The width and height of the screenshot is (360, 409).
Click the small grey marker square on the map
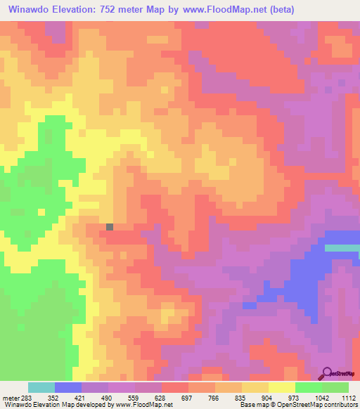click(x=110, y=226)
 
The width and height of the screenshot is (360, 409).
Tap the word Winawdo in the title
click(x=30, y=9)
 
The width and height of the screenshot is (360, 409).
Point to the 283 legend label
click(x=27, y=398)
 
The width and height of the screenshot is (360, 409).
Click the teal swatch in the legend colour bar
click(x=41, y=387)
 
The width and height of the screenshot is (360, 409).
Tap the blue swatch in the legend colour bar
click(x=67, y=387)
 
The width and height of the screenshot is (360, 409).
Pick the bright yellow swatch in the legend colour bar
click(x=281, y=387)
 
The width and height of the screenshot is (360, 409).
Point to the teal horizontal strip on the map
click(x=342, y=247)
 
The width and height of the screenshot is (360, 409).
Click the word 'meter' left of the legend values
click(x=9, y=398)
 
